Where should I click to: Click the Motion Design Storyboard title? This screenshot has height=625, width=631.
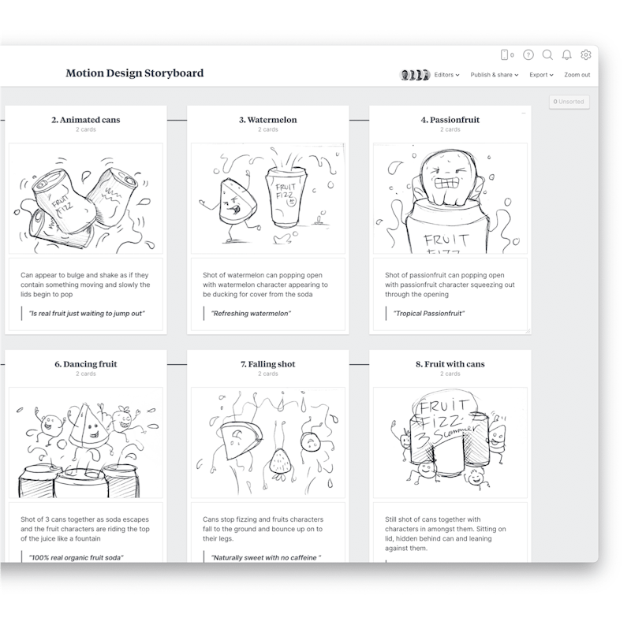[134, 73]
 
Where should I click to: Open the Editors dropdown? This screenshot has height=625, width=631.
[446, 75]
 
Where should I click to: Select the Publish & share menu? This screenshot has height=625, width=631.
[494, 75]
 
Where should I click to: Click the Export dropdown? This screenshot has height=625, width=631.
[541, 75]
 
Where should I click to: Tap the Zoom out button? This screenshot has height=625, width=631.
[577, 75]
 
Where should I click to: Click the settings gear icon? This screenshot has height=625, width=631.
[586, 55]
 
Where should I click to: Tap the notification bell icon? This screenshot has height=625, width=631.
[566, 55]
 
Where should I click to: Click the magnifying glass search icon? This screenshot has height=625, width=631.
[547, 55]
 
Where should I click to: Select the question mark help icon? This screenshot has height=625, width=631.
[528, 55]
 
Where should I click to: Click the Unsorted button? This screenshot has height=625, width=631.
[569, 102]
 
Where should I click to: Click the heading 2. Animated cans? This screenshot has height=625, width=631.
[86, 121]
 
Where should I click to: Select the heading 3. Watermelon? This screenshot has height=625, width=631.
[268, 121]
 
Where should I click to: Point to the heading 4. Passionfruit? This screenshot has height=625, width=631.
[450, 121]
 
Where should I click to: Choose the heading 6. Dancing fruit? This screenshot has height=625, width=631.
[86, 364]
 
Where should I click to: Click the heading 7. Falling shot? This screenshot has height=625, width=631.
[268, 364]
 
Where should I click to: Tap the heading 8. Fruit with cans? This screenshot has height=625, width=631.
[450, 364]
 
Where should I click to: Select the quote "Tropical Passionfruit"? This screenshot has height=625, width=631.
[429, 314]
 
